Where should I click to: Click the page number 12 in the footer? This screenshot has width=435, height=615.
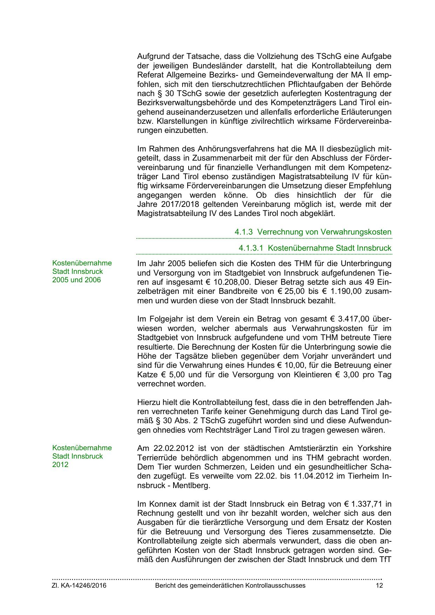[x=379, y=586]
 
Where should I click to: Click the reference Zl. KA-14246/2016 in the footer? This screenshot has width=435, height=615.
[x=79, y=586]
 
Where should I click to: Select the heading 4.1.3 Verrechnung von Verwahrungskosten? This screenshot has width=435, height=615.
[x=313, y=232]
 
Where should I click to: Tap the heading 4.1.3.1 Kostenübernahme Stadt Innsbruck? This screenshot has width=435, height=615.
[x=315, y=248]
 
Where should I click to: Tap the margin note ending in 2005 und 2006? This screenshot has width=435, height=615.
[x=76, y=280]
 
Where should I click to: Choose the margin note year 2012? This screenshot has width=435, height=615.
[x=60, y=465]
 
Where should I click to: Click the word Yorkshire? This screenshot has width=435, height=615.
[x=374, y=448]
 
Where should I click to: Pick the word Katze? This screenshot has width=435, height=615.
[x=147, y=374]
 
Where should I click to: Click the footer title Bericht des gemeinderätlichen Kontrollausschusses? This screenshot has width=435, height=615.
[x=230, y=586]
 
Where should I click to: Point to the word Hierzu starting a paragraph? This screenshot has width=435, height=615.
[x=148, y=402]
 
